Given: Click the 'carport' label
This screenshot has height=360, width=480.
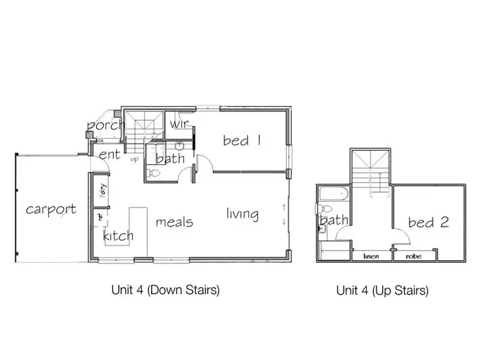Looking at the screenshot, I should coord(51,209).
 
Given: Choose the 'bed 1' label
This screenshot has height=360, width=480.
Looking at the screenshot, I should coord(242,140).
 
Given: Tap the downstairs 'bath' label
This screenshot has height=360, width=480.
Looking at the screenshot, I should coord(170,158).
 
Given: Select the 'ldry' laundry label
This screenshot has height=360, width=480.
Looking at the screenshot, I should coord(101,190).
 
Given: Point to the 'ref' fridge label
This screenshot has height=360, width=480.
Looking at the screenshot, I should coord(100,218).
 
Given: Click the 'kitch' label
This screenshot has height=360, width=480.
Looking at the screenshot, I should coord(118,235).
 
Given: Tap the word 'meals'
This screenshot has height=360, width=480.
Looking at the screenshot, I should coord(174,222).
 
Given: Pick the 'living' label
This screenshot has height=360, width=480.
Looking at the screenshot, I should coord(242,214).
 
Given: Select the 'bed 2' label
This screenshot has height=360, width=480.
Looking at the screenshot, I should coord(428,223).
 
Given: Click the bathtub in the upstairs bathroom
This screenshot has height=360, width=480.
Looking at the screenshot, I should coord(332,193).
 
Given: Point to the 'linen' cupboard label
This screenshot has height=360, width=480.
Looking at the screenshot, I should coord(372,256).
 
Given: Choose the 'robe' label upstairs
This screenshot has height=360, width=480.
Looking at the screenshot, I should coord(412,256).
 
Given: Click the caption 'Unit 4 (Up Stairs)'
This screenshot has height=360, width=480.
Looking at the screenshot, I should coord(382,290).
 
